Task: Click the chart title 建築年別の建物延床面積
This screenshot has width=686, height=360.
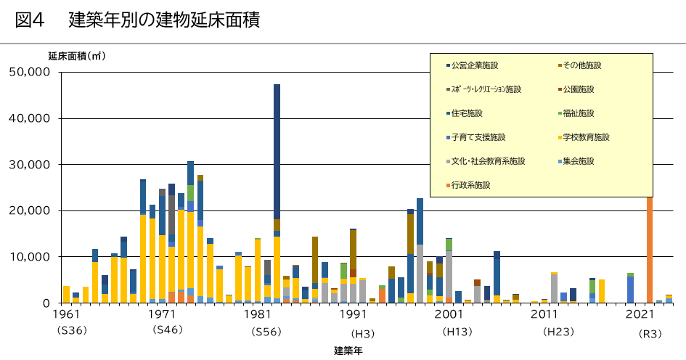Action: click(164, 20)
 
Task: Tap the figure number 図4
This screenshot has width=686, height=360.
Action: click(30, 20)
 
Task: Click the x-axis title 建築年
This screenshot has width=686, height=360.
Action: click(348, 351)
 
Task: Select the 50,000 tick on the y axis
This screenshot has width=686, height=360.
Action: click(30, 72)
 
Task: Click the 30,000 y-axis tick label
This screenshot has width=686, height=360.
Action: click(30, 165)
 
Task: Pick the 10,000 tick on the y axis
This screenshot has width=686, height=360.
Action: click(30, 257)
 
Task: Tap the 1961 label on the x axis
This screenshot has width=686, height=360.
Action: click(66, 314)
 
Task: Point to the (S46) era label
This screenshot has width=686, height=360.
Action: click(168, 331)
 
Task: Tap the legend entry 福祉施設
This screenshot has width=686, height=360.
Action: click(578, 113)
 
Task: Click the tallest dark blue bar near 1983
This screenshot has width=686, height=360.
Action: click(277, 145)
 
